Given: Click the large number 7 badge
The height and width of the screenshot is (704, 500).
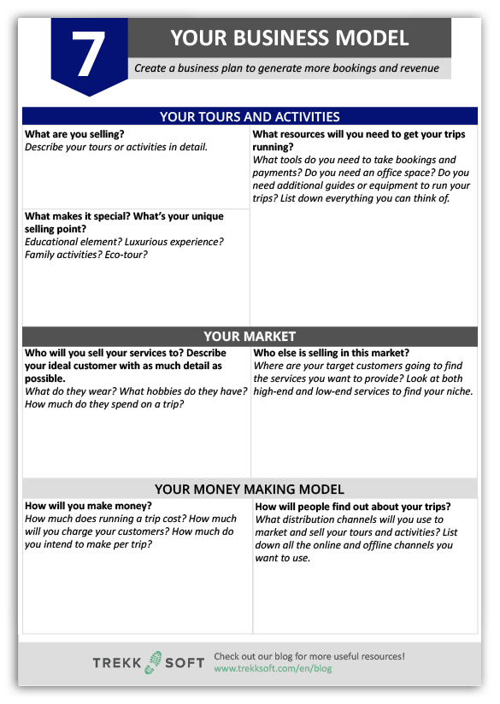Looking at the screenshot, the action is pos(89,53).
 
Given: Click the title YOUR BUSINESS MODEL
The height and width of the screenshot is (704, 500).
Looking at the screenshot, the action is pos(289,38).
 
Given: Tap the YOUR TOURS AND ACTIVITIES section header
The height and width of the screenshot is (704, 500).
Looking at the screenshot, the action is pos(250,117).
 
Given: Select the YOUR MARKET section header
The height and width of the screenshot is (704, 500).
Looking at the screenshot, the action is pos(250,337).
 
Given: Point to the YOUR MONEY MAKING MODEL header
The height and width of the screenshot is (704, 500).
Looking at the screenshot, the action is pos(250,490).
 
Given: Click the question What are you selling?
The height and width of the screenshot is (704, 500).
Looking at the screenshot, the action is pos(74,134).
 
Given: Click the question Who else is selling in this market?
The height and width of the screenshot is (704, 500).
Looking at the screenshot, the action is pos(332,353).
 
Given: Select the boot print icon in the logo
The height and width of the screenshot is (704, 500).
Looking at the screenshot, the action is pos(154,662).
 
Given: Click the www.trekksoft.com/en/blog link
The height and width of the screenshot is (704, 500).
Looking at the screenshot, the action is pos(273,668).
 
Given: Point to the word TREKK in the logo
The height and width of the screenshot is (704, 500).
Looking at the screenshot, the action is pos(118,663).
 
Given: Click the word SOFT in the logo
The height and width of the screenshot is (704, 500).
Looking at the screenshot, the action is pos(184,663).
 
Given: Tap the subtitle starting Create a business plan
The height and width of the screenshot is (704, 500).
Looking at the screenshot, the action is pos(286,68).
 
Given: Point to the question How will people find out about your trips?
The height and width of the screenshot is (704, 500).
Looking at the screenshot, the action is pos(353,506).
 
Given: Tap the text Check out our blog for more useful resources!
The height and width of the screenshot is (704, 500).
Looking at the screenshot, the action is pos(309,656).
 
